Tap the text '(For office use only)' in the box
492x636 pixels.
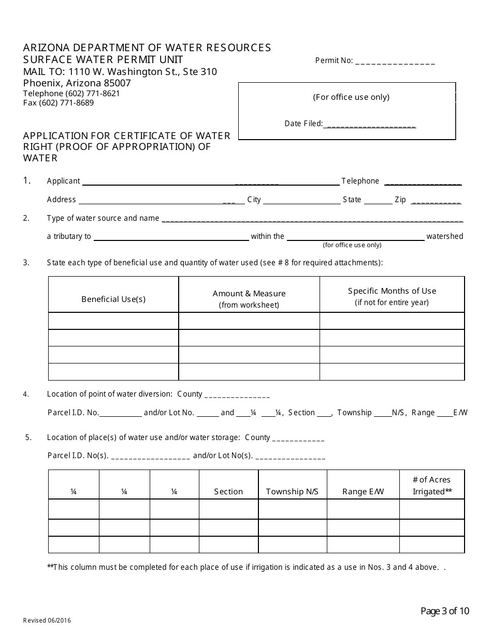(351, 97)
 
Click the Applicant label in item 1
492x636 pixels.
(63, 181)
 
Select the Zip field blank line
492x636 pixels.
(436, 201)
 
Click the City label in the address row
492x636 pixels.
(254, 200)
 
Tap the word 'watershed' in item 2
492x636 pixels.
(444, 236)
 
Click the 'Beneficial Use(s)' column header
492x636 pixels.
(113, 299)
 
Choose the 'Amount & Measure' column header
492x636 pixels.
(249, 294)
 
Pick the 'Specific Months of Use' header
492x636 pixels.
(392, 291)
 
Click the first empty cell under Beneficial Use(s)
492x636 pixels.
(113, 321)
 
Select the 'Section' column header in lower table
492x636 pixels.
(228, 492)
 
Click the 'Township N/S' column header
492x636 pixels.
(292, 492)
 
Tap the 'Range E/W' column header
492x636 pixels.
(363, 492)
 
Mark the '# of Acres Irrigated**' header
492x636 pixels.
(432, 486)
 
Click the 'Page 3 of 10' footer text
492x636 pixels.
(444, 611)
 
